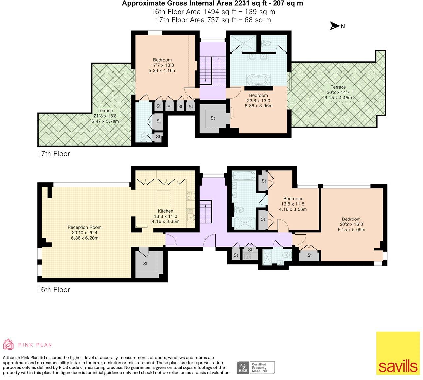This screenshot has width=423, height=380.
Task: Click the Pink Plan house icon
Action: click(8, 344)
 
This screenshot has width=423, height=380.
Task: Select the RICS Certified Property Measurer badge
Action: click(256, 367)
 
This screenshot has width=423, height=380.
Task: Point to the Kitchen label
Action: click(166, 211)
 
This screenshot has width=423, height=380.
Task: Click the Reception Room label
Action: click(84, 227)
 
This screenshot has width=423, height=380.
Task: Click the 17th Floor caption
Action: click(53, 154)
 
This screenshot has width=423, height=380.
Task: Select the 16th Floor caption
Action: click(53, 290)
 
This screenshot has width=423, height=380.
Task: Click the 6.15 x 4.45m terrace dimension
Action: click(338, 98)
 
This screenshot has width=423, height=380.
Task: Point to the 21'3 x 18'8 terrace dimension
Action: click(105, 116)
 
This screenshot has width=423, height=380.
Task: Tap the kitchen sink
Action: click(191, 216)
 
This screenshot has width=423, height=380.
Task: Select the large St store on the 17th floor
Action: click(213, 118)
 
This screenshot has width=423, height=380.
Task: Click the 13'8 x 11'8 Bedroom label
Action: click(293, 199)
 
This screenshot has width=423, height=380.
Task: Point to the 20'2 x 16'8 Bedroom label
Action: click(351, 219)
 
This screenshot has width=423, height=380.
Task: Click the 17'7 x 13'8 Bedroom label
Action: click(162, 60)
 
